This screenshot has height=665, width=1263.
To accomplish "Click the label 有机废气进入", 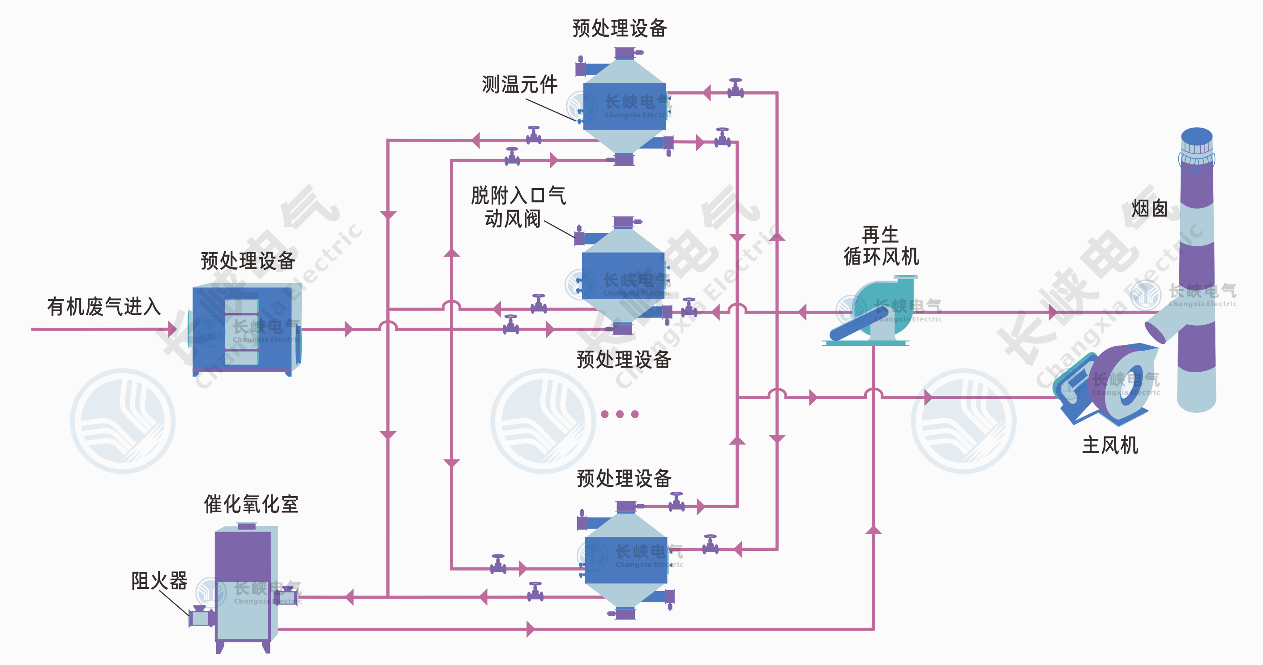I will (104, 306).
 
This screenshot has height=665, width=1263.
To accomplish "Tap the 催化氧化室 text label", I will (251, 504).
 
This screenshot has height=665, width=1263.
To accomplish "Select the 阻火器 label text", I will (159, 581).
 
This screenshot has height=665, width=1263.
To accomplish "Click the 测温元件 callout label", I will (519, 84).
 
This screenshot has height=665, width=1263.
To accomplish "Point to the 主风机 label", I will (1109, 445).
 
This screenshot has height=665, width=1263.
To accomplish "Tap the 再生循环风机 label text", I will (881, 246).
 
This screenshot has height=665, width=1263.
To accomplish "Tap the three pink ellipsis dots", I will (620, 414).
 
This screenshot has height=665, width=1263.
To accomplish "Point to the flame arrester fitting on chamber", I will (200, 618).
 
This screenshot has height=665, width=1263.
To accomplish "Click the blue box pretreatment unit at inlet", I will (242, 329).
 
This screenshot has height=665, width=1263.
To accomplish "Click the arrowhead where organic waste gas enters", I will (171, 329).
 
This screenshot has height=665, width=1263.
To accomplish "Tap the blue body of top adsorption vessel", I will (624, 107).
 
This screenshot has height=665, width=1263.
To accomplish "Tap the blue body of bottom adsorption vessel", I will (625, 560).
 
